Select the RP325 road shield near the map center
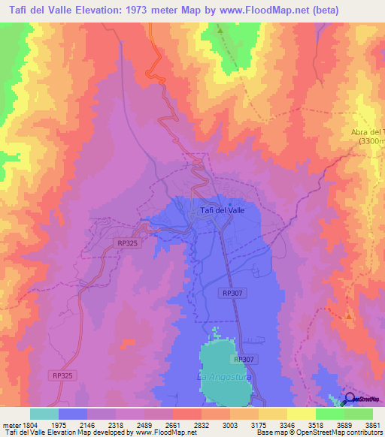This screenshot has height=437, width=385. coord(127,243)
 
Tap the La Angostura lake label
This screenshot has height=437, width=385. coord(220,375)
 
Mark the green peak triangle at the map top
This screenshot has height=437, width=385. coord(220,32)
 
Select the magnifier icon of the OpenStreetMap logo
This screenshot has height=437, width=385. coord(349,399)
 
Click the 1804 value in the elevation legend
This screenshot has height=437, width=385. coord(29,425)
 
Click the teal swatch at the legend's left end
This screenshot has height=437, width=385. coord(44,414)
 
